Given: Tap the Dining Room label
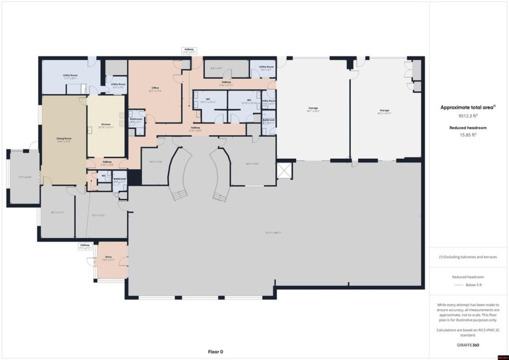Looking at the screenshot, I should (x=64, y=140).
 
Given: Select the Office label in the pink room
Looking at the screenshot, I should (x=155, y=90).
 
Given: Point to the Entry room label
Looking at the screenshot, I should (x=108, y=258).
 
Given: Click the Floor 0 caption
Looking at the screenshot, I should (x=216, y=352).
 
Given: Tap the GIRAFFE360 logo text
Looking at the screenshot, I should (x=468, y=344).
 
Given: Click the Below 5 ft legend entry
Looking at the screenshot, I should (x=468, y=284).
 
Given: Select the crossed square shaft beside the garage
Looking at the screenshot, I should (x=283, y=170).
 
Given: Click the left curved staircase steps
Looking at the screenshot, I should (x=178, y=195).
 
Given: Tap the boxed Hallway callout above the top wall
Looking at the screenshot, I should (x=190, y=51).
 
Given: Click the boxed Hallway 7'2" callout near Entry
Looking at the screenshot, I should (x=85, y=246).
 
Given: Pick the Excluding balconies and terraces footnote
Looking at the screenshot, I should (x=468, y=258).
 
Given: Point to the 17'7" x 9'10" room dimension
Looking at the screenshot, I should (x=25, y=177).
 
